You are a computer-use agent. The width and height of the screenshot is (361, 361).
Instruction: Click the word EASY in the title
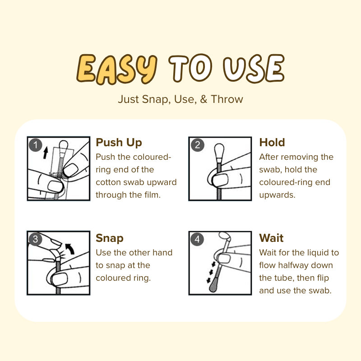pyautogui.click(x=117, y=69)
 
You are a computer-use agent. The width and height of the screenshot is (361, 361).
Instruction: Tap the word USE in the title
pyautogui.click(x=254, y=69)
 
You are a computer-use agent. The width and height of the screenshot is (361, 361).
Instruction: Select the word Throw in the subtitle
pyautogui.click(x=227, y=99)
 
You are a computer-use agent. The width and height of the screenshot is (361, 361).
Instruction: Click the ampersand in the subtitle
pyautogui.click(x=204, y=99)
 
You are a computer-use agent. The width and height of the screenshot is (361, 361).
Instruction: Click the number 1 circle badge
pyautogui.click(x=36, y=145)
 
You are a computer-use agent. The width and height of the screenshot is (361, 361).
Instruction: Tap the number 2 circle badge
pyautogui.click(x=197, y=145)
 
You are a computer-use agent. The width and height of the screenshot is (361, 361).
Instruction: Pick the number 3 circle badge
pyautogui.click(x=35, y=239)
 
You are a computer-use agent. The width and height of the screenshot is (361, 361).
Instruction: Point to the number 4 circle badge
pyautogui.click(x=197, y=239)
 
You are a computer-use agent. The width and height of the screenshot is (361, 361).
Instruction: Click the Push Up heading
pyautogui.click(x=119, y=143)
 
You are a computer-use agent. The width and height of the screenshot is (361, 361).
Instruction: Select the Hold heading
pyautogui.click(x=272, y=142)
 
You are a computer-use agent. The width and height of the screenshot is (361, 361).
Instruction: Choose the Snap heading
pyautogui.click(x=110, y=238)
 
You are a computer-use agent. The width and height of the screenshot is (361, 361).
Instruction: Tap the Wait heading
pyautogui.click(x=271, y=238)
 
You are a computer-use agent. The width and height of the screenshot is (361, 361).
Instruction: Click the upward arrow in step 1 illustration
pyautogui.click(x=46, y=153)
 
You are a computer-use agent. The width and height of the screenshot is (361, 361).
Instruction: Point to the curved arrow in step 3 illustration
pyautogui.click(x=70, y=249)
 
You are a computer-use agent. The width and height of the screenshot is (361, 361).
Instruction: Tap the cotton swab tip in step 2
pyautogui.click(x=219, y=151)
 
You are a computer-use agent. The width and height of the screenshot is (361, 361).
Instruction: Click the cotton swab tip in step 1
pyautogui.click(x=63, y=146)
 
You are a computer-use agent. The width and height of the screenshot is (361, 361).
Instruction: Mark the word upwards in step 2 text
pyautogui.click(x=277, y=195)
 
